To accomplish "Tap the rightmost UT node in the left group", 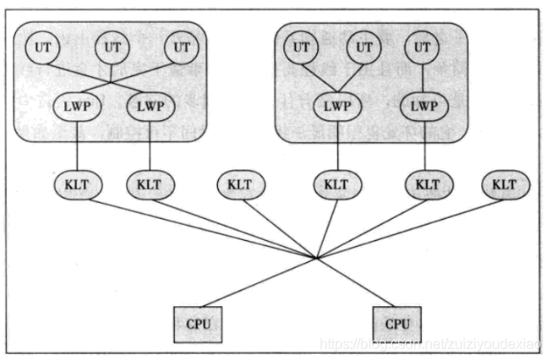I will click(182, 48).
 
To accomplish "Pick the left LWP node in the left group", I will click(78, 107).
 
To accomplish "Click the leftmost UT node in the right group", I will click(301, 48).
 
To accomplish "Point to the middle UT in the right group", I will click(362, 48).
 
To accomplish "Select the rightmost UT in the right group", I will click(425, 48).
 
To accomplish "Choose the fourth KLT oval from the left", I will click(336, 185).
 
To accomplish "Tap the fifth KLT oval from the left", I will click(427, 185).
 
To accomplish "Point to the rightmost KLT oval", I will click(504, 185).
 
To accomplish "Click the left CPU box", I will click(197, 324).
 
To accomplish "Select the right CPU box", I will click(396, 324).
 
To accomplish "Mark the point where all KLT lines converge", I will click(316, 258).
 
